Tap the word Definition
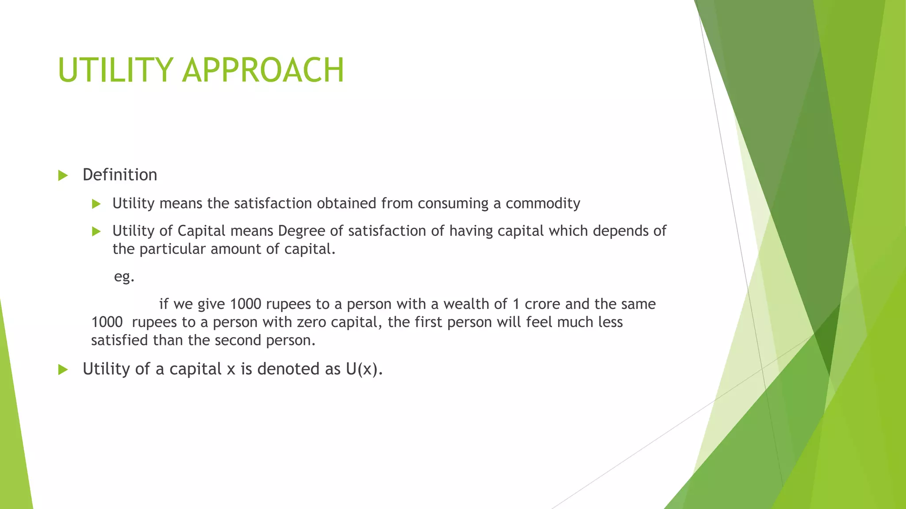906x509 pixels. click(x=120, y=175)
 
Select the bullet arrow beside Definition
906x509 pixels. click(x=63, y=176)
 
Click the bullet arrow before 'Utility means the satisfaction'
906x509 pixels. click(x=96, y=204)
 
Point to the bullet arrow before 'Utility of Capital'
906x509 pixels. click(x=96, y=232)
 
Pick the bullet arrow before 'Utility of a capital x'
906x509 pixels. click(x=63, y=370)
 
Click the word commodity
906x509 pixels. click(x=543, y=203)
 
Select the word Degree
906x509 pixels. click(x=301, y=231)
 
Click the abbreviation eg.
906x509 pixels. click(x=124, y=277)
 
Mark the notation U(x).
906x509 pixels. click(x=364, y=369)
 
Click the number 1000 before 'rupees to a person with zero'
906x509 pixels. click(x=107, y=322)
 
